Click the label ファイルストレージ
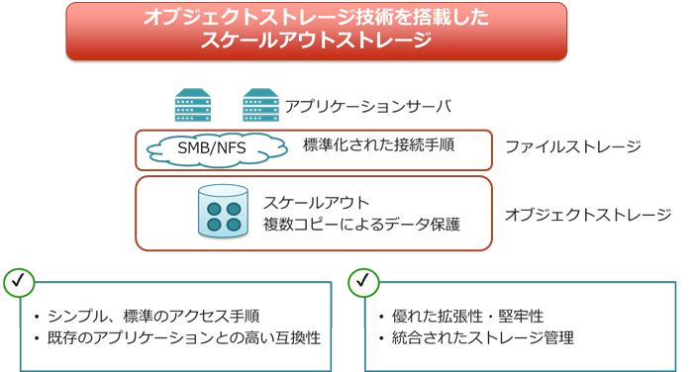(572, 147)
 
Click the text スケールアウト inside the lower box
(316, 202)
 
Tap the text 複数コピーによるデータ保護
(361, 225)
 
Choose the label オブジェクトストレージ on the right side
(588, 214)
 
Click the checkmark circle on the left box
(19, 282)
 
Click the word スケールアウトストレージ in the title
(317, 41)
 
